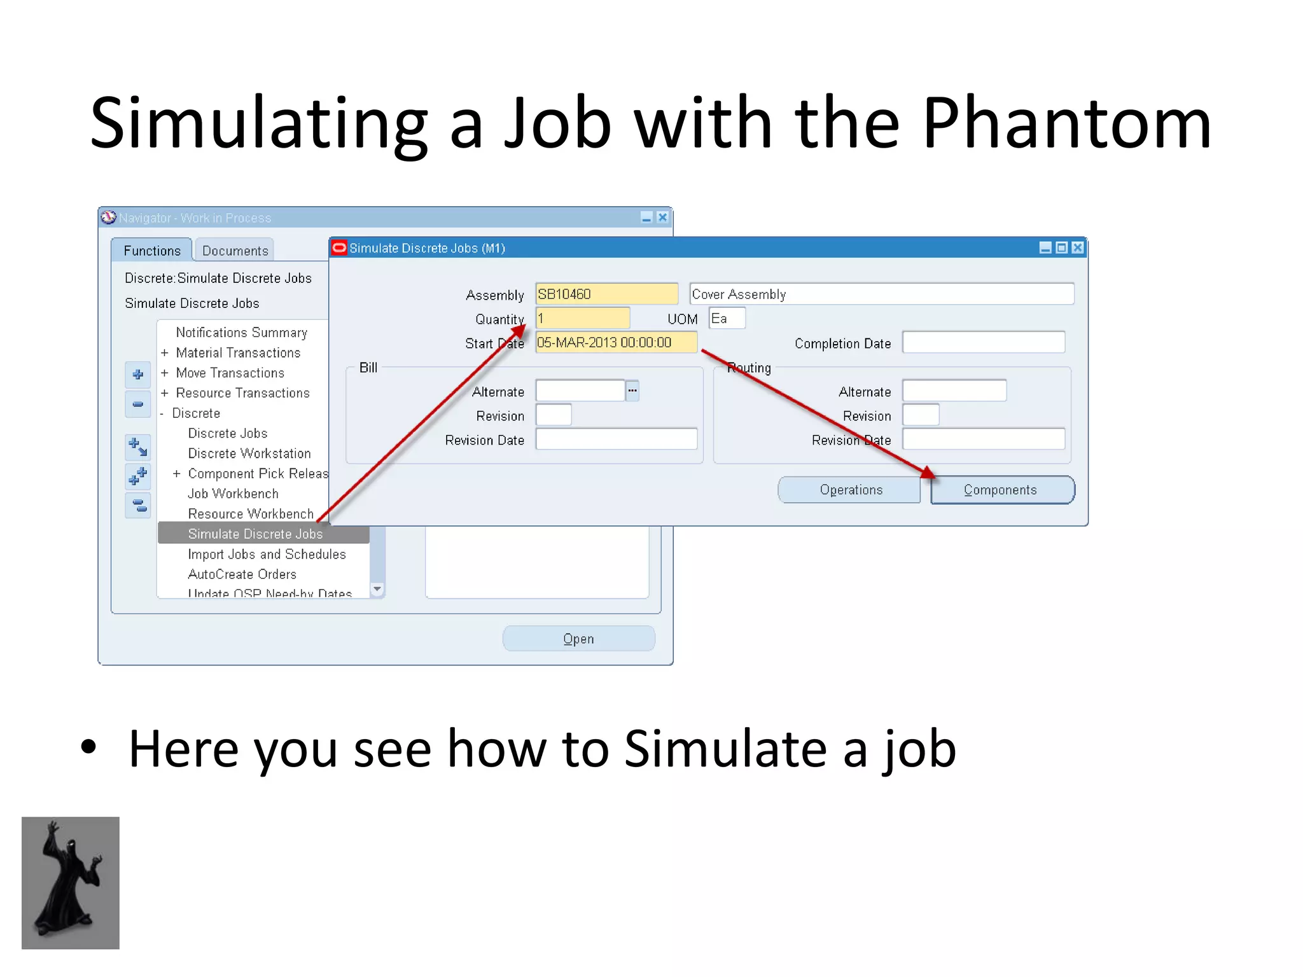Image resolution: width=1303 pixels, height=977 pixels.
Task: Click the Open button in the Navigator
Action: pyautogui.click(x=578, y=639)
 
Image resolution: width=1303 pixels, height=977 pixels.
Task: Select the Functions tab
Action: pyautogui.click(x=152, y=251)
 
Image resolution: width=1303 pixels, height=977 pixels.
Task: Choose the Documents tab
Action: pyautogui.click(x=235, y=251)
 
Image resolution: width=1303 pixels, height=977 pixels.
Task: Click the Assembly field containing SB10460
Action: pyautogui.click(x=606, y=294)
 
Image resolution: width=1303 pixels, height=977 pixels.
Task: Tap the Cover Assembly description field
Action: pyautogui.click(x=881, y=294)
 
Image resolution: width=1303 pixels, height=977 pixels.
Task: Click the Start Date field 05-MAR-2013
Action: pyautogui.click(x=616, y=343)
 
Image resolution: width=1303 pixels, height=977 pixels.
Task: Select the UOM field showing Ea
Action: pyautogui.click(x=727, y=319)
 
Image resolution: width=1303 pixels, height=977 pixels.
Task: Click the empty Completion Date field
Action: pyautogui.click(x=983, y=343)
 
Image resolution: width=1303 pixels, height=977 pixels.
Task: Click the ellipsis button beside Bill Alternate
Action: pyautogui.click(x=632, y=391)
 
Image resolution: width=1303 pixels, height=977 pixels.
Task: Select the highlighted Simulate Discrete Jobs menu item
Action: pyautogui.click(x=256, y=534)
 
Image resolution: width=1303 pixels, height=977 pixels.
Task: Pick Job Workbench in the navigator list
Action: pyautogui.click(x=233, y=494)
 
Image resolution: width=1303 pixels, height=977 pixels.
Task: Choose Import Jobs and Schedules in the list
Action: pyautogui.click(x=267, y=555)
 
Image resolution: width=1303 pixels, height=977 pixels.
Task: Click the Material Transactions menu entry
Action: pyautogui.click(x=238, y=353)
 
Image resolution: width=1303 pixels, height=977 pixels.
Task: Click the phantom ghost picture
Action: pyautogui.click(x=71, y=883)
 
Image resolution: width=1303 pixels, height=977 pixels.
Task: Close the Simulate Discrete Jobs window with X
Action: pyautogui.click(x=1077, y=248)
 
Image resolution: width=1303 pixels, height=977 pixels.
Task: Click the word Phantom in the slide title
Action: pyautogui.click(x=1067, y=123)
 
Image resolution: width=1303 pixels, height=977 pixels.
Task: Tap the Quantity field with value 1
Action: pyautogui.click(x=582, y=318)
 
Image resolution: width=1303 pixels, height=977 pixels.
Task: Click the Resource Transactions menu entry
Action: pyautogui.click(x=242, y=393)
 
